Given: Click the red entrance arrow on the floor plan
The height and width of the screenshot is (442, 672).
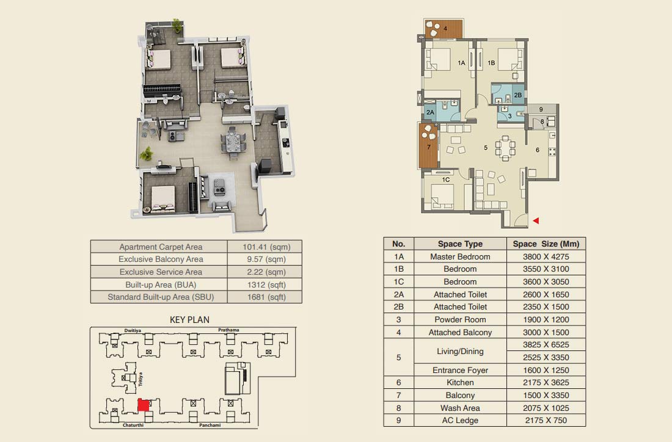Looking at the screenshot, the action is (536, 220).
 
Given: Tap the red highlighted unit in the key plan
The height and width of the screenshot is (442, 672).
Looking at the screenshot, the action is (144, 405).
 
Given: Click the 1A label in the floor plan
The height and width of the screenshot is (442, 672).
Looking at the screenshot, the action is (461, 63).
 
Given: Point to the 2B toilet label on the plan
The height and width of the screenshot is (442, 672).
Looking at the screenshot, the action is (517, 95).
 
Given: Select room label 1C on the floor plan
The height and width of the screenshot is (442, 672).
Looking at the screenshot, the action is (446, 179).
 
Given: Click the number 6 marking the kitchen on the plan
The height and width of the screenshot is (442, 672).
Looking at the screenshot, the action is (538, 150).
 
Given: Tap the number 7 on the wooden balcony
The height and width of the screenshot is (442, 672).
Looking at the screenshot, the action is (429, 147).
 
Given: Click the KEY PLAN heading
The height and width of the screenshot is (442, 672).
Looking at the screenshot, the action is (189, 320).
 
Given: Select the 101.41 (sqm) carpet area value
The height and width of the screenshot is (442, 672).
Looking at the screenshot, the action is (266, 247).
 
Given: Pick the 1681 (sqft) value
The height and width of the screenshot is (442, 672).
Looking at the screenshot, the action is (266, 297).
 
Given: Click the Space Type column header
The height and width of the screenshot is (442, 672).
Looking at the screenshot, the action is (460, 244).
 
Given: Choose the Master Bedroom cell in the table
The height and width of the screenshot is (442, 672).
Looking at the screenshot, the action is (460, 256).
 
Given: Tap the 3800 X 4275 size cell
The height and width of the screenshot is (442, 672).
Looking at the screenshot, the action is (546, 256).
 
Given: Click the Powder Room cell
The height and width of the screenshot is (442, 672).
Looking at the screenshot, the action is (460, 319).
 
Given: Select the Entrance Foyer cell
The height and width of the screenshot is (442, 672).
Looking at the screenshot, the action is (460, 370).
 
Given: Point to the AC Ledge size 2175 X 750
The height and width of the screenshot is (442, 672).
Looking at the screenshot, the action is (546, 420).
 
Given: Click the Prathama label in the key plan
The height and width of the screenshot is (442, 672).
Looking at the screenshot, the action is (228, 330).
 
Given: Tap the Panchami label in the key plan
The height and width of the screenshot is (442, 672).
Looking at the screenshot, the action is (210, 426).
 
